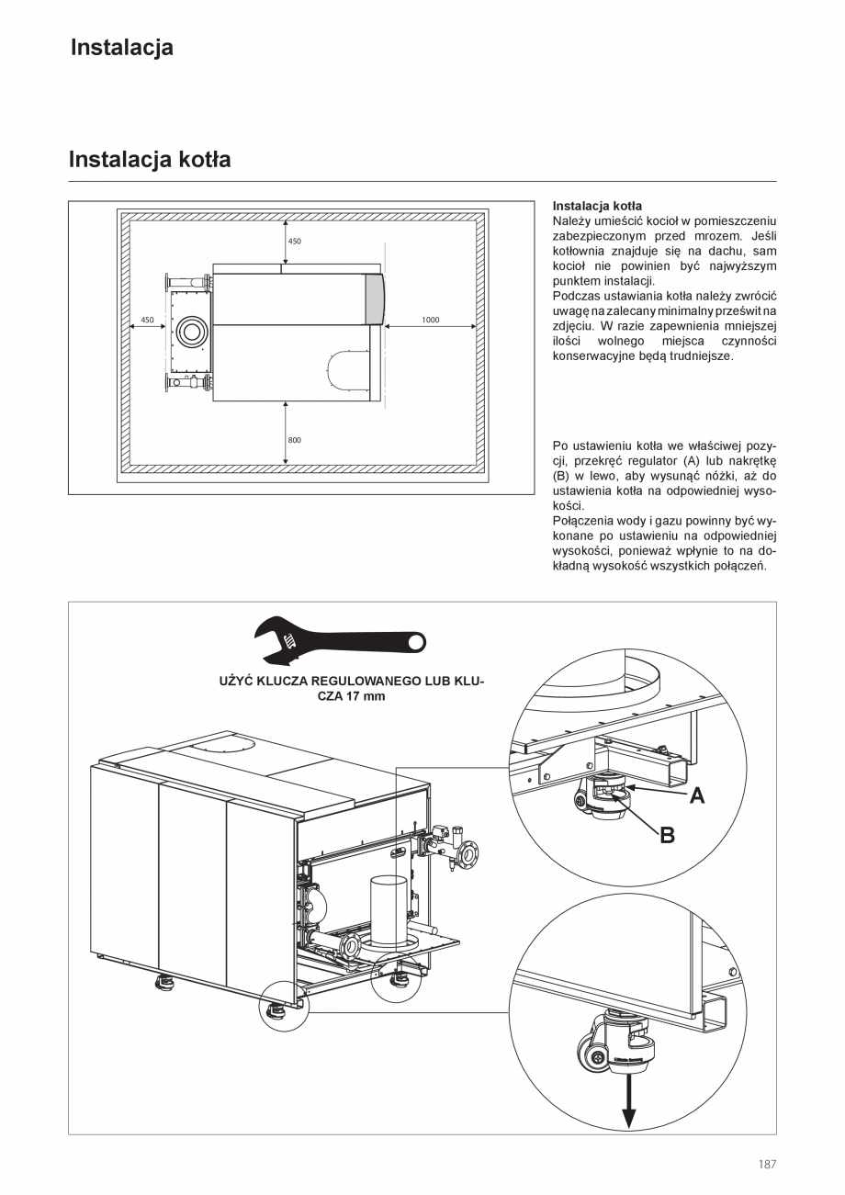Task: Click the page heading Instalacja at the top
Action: pyautogui.click(x=121, y=48)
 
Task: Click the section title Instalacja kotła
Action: pyautogui.click(x=150, y=160)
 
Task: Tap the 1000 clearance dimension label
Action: pyautogui.click(x=431, y=320)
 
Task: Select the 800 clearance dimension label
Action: pyautogui.click(x=294, y=440)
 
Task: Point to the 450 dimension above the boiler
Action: pyautogui.click(x=295, y=242)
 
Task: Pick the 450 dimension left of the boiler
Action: pyautogui.click(x=147, y=320)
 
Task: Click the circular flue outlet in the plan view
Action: pyautogui.click(x=193, y=331)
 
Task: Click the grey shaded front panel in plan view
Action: pyautogui.click(x=376, y=299)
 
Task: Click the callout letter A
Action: pyautogui.click(x=697, y=795)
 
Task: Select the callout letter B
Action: pyautogui.click(x=668, y=835)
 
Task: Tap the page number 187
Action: pyautogui.click(x=767, y=1165)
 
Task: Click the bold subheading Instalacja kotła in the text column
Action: pyautogui.click(x=597, y=206)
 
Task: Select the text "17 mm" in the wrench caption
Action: pyautogui.click(x=366, y=696)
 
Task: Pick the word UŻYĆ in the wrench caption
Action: pyautogui.click(x=237, y=682)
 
